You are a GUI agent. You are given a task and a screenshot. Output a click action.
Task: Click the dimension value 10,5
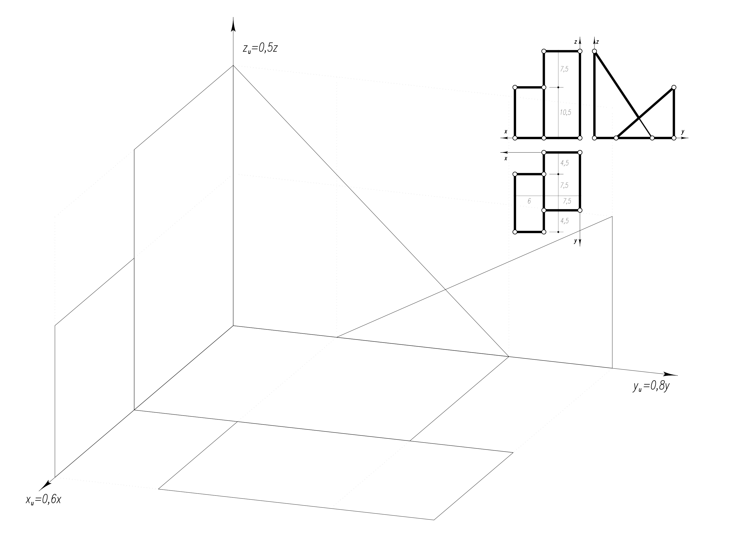(565, 112)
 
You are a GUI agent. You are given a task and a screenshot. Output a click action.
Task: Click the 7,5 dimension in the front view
(564, 69)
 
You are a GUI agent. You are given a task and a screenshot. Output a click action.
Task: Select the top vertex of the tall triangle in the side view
(594, 51)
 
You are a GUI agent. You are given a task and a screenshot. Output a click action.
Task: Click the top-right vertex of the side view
(674, 87)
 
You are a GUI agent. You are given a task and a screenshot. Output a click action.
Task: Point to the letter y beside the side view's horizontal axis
(683, 131)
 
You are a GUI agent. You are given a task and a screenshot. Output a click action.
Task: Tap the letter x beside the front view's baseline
(506, 131)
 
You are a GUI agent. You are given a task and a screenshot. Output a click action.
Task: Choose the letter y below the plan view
(575, 241)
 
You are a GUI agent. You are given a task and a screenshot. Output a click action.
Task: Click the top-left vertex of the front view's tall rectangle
(544, 51)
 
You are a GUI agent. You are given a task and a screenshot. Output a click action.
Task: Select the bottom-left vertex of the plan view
(515, 232)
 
